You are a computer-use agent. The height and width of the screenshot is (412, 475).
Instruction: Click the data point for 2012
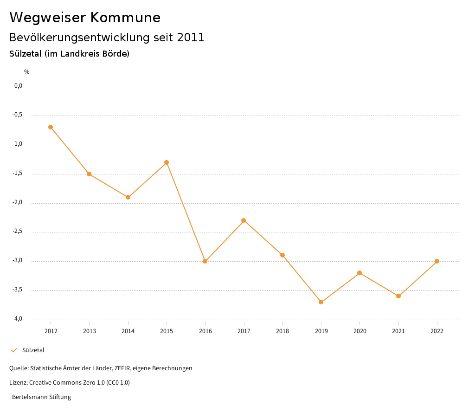pyautogui.click(x=51, y=127)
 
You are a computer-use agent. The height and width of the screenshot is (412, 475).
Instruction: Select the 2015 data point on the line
pyautogui.click(x=167, y=162)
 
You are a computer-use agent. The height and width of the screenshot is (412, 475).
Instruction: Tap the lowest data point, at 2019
pyautogui.click(x=321, y=302)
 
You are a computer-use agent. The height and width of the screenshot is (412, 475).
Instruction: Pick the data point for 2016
pyautogui.click(x=205, y=261)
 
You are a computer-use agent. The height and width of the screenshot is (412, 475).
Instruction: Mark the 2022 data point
pyautogui.click(x=437, y=261)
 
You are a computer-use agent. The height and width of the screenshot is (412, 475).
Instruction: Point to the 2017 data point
pyautogui.click(x=244, y=220)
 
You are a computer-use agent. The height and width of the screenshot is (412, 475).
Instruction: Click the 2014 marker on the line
pyautogui.click(x=128, y=197)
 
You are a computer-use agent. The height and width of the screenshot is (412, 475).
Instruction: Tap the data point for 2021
pyautogui.click(x=398, y=296)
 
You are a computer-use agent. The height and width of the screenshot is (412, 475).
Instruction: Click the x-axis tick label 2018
pyautogui.click(x=282, y=331)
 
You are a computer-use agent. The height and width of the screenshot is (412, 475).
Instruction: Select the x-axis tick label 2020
pyautogui.click(x=359, y=331)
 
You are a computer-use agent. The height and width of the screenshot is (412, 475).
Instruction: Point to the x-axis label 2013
pyautogui.click(x=90, y=331)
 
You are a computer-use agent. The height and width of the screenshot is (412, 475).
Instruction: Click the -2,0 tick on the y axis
pyautogui.click(x=18, y=203)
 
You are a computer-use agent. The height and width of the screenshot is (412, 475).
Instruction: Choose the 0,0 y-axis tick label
pyautogui.click(x=19, y=86)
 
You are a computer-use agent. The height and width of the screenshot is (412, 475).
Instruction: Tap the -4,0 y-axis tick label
pyautogui.click(x=18, y=319)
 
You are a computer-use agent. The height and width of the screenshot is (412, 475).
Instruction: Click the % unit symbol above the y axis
pyautogui.click(x=27, y=72)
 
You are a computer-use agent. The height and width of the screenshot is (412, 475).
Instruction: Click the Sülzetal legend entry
pyautogui.click(x=33, y=350)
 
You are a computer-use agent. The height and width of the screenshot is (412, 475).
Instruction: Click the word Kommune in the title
pyautogui.click(x=126, y=18)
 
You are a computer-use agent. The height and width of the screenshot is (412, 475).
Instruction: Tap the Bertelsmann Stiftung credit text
pyautogui.click(x=41, y=397)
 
